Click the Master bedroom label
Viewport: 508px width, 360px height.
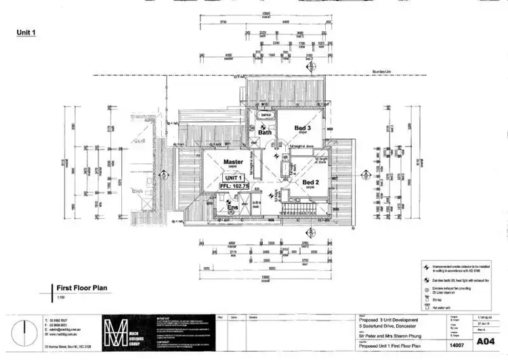233,162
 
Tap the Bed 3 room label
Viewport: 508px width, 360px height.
302,127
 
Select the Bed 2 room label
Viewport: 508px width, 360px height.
310,182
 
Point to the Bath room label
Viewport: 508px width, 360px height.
264,132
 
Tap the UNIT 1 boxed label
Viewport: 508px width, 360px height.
233,176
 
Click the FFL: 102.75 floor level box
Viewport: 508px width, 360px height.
234,184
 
